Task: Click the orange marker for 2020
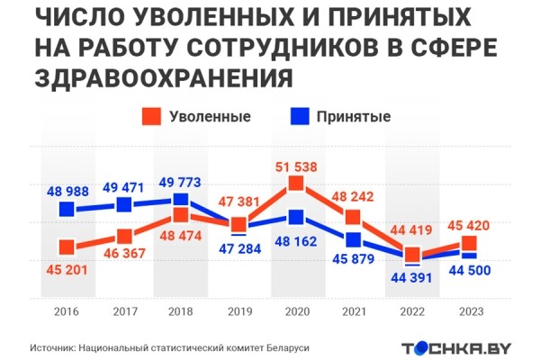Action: click(295, 184)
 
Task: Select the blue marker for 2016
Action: click(67, 210)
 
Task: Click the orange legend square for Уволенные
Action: click(151, 116)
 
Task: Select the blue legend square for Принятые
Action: click(299, 116)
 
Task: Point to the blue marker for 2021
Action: click(353, 239)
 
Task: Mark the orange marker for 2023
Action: click(468, 244)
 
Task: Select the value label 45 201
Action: click(67, 267)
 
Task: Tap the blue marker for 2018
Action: click(181, 200)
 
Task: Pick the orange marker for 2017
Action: click(123, 236)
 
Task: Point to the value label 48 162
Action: click(296, 241)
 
